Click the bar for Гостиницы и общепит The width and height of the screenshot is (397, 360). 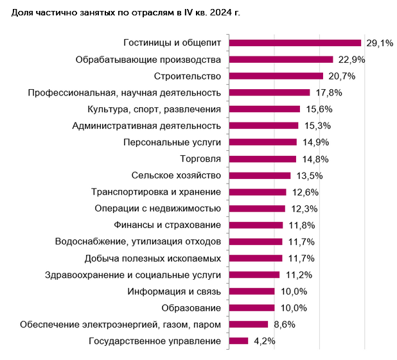295,43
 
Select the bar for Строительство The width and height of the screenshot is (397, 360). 276,76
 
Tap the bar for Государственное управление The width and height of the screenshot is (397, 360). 238,341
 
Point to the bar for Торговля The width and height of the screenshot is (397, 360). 263,159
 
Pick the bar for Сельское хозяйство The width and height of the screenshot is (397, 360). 260,175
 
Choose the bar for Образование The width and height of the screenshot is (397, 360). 252,307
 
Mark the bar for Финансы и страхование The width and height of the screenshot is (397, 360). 256,225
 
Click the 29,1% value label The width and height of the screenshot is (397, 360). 379,43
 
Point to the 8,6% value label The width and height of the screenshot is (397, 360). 283,324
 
